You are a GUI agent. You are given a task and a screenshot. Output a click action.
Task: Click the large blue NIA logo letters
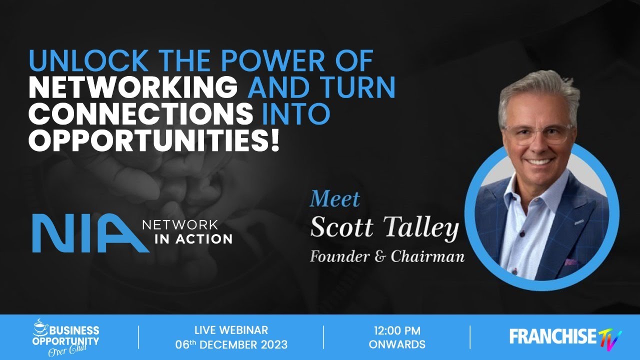90,233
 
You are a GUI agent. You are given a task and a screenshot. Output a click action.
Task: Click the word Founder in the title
340,257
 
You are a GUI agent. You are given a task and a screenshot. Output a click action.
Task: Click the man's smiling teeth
539,162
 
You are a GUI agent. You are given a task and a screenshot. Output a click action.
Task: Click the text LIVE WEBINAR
231,330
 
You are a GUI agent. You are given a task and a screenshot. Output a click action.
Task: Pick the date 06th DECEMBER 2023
231,344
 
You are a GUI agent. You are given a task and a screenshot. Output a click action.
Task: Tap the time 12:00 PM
397,330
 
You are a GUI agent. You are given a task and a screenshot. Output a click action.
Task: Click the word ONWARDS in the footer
397,344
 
